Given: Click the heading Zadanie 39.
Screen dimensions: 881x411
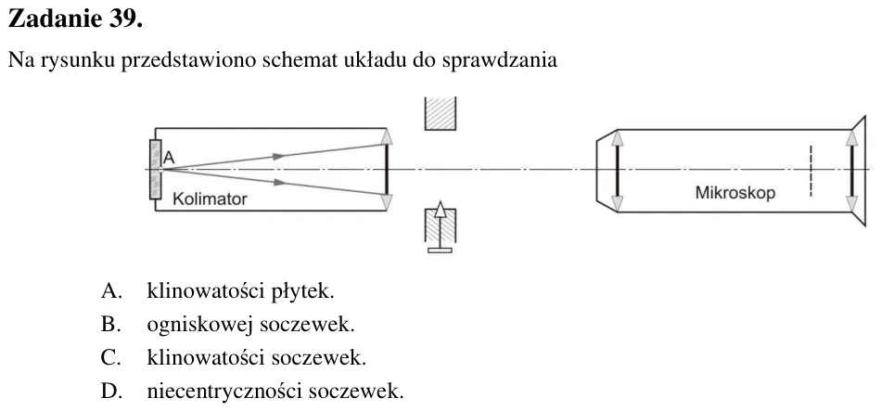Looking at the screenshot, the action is click(x=75, y=19).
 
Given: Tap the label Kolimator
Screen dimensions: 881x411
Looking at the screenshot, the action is click(x=210, y=199).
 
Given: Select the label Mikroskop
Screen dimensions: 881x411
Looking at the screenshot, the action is click(x=734, y=193).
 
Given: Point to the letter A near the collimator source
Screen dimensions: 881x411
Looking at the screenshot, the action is click(x=169, y=159).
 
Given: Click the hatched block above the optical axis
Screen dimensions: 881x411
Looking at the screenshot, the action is click(x=440, y=113).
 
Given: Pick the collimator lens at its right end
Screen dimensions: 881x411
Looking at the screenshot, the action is click(x=387, y=169).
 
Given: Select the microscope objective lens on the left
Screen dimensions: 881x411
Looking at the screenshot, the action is click(x=617, y=171).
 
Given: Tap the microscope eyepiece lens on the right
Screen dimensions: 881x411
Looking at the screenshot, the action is click(x=851, y=171).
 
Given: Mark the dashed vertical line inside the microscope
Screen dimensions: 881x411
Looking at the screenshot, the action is click(x=811, y=172).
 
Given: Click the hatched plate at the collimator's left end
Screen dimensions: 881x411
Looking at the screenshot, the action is click(x=156, y=169).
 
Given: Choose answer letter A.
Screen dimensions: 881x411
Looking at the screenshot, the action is click(x=110, y=291).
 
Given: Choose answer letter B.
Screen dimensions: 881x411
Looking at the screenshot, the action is click(x=110, y=325).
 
